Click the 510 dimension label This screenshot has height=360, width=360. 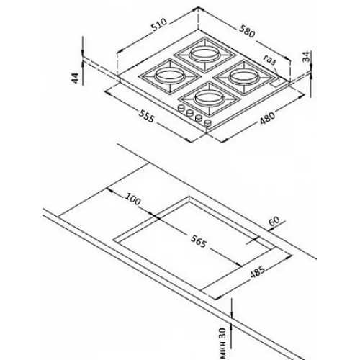[159, 25]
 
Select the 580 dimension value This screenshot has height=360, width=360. [246, 31]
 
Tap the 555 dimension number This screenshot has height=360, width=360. [145, 116]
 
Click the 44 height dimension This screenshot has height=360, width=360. [76, 78]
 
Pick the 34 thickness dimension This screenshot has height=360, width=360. [306, 57]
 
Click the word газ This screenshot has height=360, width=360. [269, 60]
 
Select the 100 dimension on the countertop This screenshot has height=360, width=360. [132, 199]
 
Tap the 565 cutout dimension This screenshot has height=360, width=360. [199, 241]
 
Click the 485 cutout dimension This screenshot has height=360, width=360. [258, 271]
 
